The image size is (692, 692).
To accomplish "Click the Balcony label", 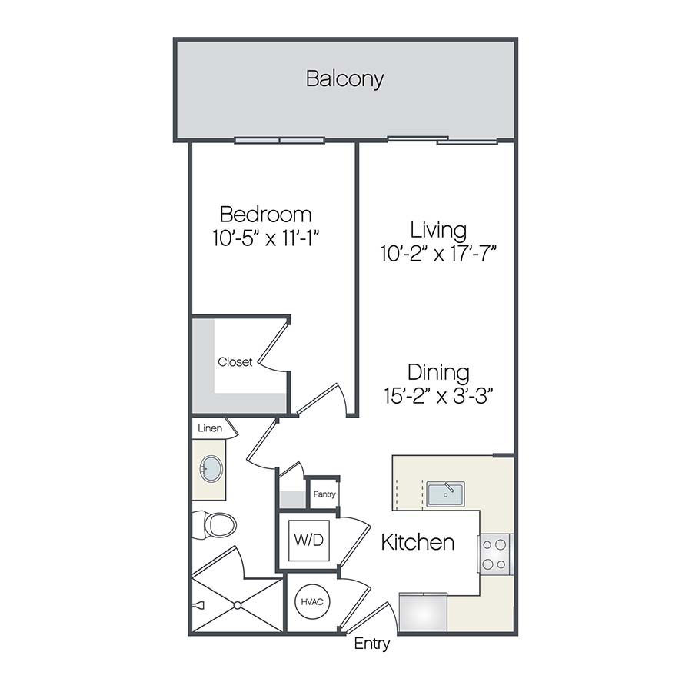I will (x=344, y=78).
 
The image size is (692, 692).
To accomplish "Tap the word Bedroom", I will (x=265, y=214).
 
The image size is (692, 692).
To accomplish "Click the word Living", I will (x=437, y=229).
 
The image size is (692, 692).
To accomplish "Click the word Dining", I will (x=437, y=373).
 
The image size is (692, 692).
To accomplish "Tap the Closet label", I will (x=235, y=362).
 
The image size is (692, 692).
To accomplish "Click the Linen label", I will (x=210, y=428).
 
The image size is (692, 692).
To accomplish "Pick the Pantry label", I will (x=324, y=494).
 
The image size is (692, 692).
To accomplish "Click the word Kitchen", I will (x=418, y=542).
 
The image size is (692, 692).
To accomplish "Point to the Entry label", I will (x=371, y=644).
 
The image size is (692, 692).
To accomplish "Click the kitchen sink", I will (x=445, y=494).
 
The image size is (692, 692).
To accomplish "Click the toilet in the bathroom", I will (x=218, y=524).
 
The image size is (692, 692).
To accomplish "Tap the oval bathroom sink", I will (x=210, y=467).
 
